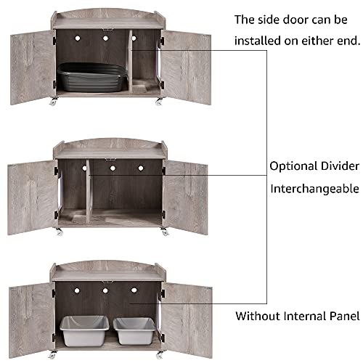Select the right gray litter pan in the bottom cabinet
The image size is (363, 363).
point(135,330)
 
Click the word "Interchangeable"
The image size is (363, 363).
point(315,189)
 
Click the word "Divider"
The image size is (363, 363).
point(341,166)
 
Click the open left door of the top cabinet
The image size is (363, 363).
point(33,68)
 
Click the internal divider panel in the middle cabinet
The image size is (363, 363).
point(85,190)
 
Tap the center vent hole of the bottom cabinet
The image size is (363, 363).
point(106,291)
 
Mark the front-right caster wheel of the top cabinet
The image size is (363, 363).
point(158,102)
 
